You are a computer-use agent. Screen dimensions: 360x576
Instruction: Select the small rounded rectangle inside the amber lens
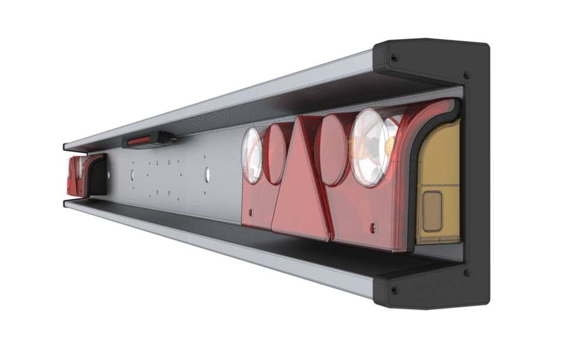click(432, 211)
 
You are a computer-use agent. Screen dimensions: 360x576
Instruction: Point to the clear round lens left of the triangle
click(253, 155)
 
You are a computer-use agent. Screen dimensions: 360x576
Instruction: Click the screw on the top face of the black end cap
click(394, 58)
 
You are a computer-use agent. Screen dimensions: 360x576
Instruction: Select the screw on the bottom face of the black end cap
click(394, 290)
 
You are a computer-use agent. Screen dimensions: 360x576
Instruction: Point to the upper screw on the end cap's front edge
click(467, 76)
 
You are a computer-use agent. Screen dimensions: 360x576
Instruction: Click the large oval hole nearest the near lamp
click(207, 175)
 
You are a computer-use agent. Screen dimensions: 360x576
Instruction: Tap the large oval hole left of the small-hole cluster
click(132, 175)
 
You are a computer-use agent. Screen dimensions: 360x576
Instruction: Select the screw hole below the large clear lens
click(374, 227)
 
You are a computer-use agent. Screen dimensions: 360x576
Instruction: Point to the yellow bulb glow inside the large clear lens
click(389, 145)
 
